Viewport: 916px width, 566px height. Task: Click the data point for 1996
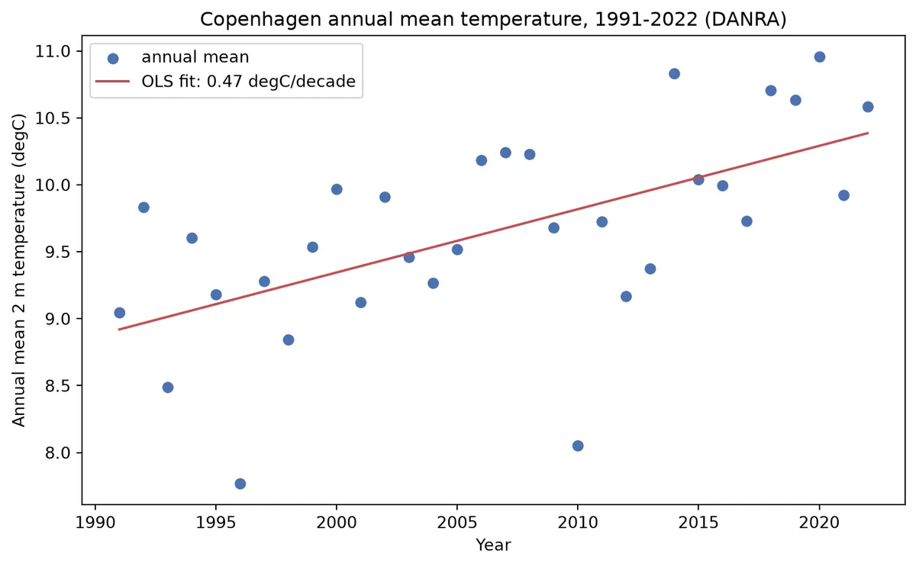click(x=240, y=484)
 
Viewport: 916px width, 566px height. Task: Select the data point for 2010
click(x=578, y=445)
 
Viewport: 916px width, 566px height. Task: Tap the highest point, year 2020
click(x=820, y=56)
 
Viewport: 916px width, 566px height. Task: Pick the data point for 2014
click(x=674, y=73)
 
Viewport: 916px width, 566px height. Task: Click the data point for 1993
click(x=168, y=388)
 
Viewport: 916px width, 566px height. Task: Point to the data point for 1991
click(x=119, y=313)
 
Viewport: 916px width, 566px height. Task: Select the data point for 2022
click(x=868, y=107)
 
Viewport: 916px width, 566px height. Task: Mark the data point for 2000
click(x=337, y=189)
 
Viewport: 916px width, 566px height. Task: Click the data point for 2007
click(x=505, y=153)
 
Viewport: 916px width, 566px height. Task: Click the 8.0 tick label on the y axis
click(x=58, y=453)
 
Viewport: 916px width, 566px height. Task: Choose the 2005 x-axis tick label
click(x=456, y=523)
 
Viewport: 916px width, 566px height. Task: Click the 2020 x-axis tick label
click(x=819, y=523)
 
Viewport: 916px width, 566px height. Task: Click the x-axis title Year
click(x=493, y=545)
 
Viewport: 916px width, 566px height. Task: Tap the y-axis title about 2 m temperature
click(x=18, y=270)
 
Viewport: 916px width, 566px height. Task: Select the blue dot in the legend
click(x=113, y=59)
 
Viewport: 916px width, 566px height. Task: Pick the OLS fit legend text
click(x=249, y=82)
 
